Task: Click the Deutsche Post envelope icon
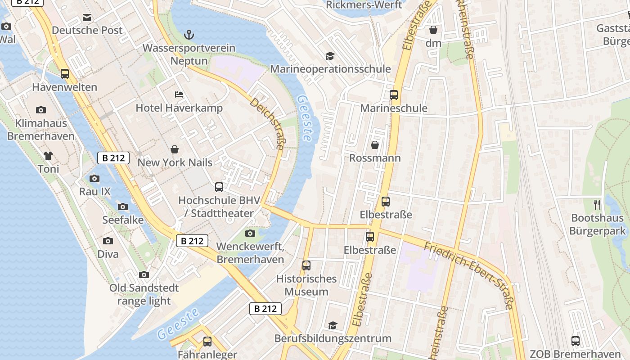point(87,18)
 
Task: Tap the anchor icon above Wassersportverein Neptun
point(189,35)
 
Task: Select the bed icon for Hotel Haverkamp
point(179,95)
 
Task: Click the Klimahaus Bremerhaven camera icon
point(41,110)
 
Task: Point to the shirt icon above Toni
point(48,156)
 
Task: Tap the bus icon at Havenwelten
point(65,74)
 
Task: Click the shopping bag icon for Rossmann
point(374,145)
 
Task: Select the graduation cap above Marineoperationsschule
point(330,56)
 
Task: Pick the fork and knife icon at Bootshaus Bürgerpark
point(597,205)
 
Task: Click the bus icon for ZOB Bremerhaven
point(576,341)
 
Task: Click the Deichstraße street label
point(267,124)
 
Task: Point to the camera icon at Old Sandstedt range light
point(144,274)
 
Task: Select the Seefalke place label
point(123,220)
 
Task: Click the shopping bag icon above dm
point(433,30)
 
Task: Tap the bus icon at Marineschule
point(394,95)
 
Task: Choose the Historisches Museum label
point(306,285)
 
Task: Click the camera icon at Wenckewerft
point(250,233)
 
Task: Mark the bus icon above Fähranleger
point(207,342)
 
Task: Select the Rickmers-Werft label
point(364,5)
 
